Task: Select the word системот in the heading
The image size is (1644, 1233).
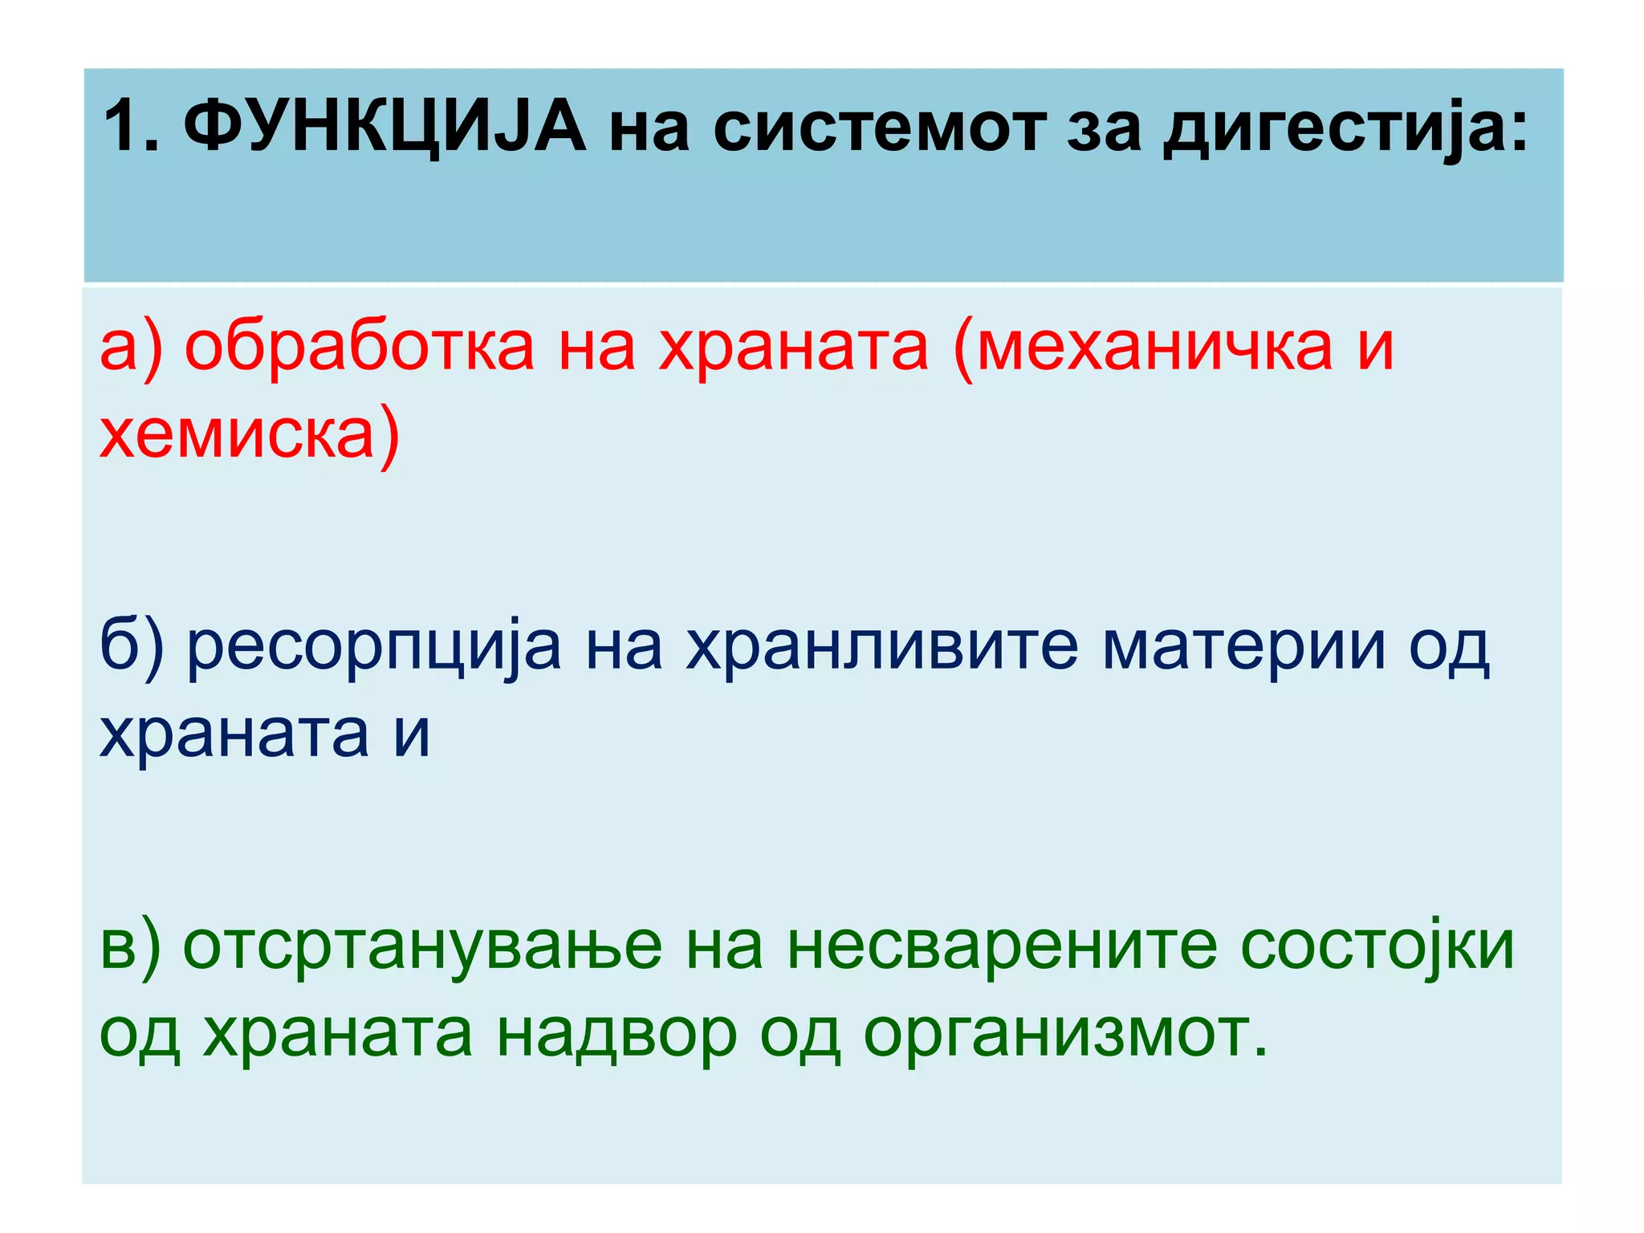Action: [x=879, y=128]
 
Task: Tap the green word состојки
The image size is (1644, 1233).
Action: [x=1377, y=947]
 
